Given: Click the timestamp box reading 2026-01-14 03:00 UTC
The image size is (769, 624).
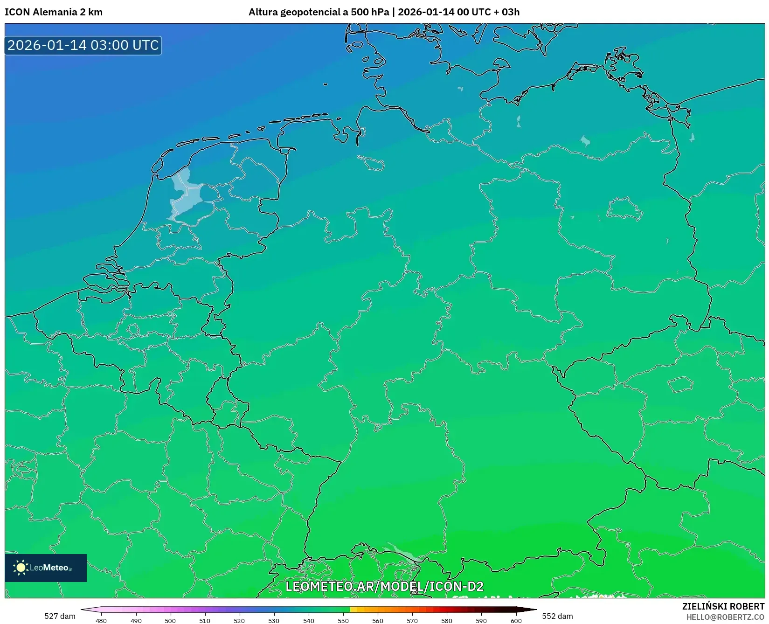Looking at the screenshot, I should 83,45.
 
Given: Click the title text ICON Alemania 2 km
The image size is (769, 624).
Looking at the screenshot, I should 54,12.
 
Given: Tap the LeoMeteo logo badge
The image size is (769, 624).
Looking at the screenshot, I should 46,568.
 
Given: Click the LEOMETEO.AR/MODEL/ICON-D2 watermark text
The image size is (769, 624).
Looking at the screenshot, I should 384,586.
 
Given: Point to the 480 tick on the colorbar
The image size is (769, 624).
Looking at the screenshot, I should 101,620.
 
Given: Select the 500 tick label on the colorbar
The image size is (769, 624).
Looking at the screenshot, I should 170,620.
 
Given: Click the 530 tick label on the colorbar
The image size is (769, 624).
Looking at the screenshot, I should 274,620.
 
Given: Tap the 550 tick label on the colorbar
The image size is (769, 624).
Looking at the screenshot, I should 343,620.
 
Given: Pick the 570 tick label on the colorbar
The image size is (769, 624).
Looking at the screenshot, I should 412,620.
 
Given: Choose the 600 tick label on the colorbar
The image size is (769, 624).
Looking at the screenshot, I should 516,620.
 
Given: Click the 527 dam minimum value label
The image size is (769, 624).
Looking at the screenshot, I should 60,616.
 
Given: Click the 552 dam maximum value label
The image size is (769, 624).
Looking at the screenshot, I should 557,616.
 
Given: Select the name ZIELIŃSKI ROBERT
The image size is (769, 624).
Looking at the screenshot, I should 723,606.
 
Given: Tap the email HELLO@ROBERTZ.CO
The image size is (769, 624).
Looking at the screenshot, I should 725,617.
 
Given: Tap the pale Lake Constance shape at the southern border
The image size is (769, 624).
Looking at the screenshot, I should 404,554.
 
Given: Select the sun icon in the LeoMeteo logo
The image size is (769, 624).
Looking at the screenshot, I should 21,568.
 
